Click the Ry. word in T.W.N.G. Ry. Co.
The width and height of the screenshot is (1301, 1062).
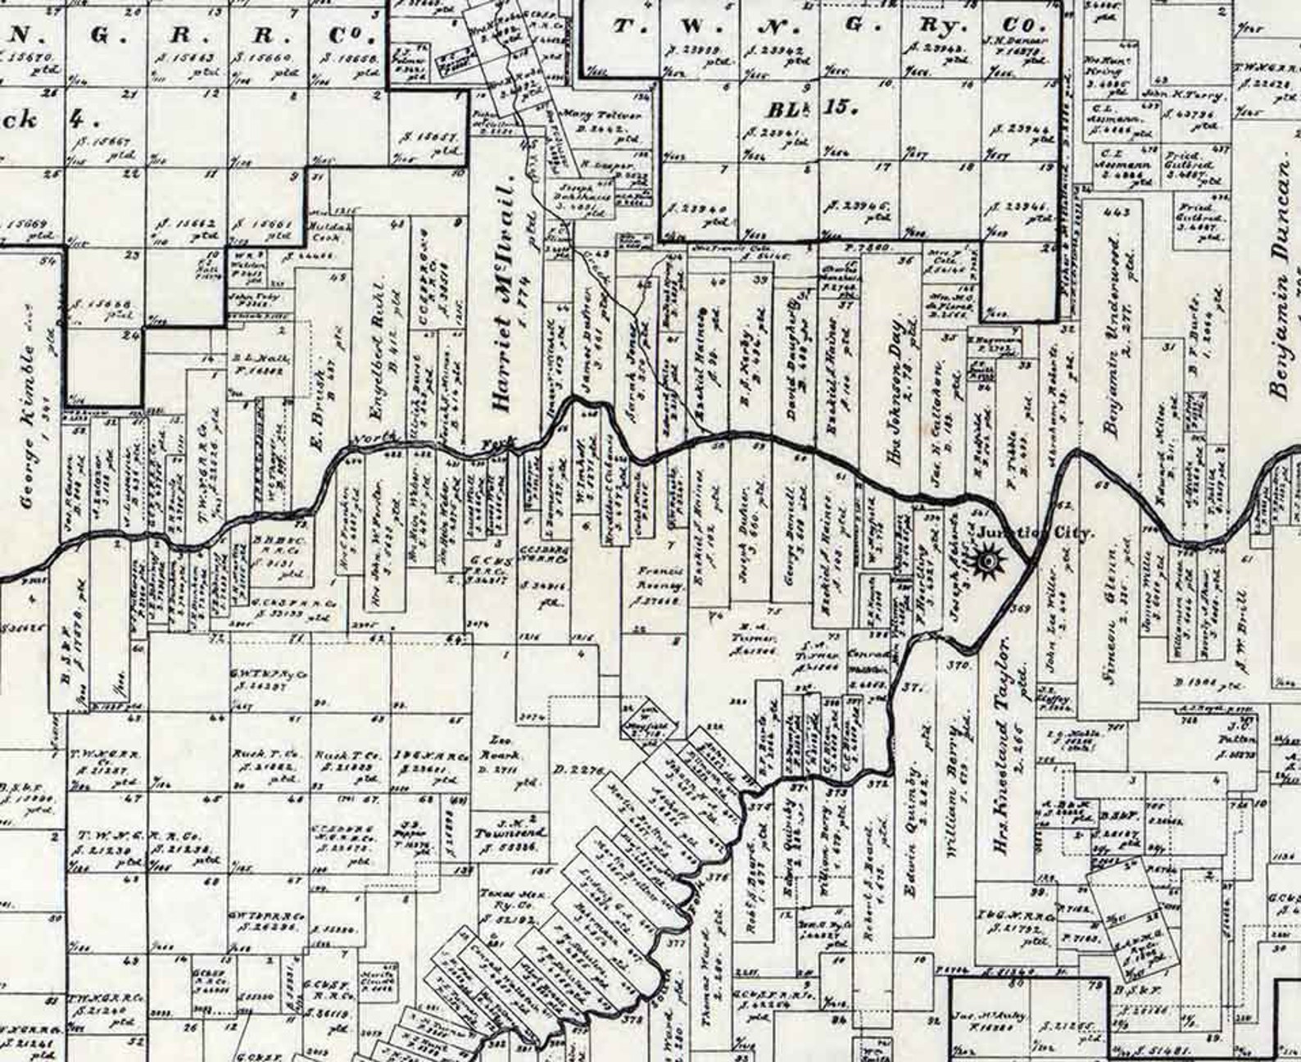pos(933,26)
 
